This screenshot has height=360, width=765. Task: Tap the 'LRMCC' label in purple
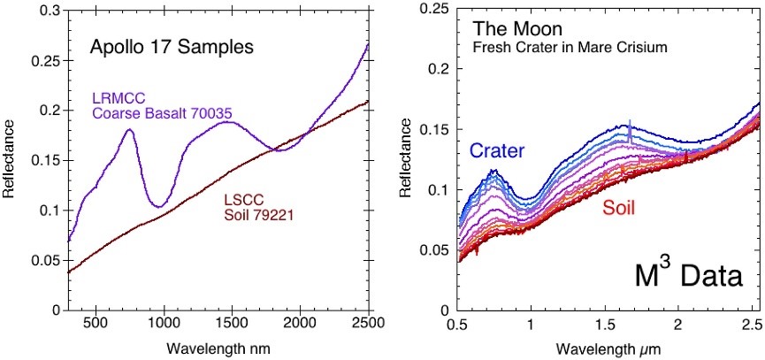coord(115,97)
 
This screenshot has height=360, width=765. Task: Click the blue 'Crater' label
coord(496,151)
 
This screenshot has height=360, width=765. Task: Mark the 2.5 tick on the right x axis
coord(751,324)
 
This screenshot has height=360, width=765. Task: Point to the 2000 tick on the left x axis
coord(301,322)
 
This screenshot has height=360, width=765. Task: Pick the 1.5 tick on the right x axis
coord(604,324)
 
